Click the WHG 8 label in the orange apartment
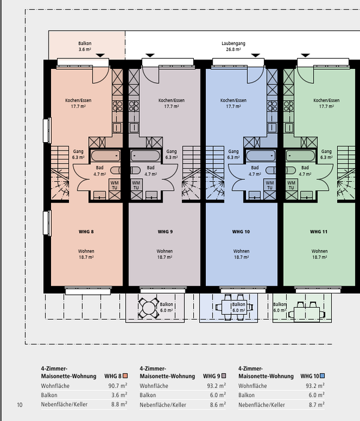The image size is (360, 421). [86, 231]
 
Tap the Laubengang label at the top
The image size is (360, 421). [233, 43]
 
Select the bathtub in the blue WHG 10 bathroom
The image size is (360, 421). [261, 156]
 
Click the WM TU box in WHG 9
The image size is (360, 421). [136, 185]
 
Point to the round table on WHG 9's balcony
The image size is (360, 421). [149, 308]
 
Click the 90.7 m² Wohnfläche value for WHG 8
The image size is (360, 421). [118, 386]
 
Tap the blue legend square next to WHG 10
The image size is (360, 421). [322, 376]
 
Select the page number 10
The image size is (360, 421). [20, 405]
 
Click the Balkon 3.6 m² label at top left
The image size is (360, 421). [85, 46]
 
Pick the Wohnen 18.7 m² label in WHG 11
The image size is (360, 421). [319, 254]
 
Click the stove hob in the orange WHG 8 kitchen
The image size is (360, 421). [118, 106]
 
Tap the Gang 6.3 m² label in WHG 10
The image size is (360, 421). [233, 154]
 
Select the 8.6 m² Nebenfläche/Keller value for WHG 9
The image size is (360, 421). [217, 405]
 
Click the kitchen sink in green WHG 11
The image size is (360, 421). [289, 128]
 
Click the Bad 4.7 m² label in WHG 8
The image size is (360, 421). [100, 171]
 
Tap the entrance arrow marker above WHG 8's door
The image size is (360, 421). [100, 55]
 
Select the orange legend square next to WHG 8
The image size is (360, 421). [125, 376]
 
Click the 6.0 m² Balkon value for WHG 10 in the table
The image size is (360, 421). [316, 395]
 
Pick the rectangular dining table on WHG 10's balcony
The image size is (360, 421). [234, 307]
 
